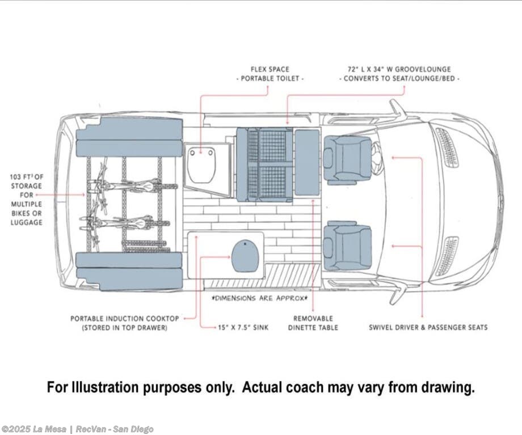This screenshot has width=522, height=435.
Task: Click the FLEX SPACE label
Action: pyautogui.click(x=270, y=69)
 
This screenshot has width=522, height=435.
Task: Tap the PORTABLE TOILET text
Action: pyautogui.click(x=270, y=79)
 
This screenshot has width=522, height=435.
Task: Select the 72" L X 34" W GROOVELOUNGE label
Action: pyautogui.click(x=401, y=69)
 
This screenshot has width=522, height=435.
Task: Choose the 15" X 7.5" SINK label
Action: pyautogui.click(x=244, y=327)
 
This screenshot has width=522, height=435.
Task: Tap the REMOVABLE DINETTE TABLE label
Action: pyautogui.click(x=313, y=323)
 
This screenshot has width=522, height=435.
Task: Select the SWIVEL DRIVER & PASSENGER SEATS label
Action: pyautogui.click(x=428, y=327)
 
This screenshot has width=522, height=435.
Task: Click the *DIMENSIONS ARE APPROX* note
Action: pyautogui.click(x=259, y=298)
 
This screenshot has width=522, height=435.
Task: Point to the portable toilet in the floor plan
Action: pyautogui.click(x=201, y=165)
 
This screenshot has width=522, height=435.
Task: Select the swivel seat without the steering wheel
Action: pyautogui.click(x=347, y=246)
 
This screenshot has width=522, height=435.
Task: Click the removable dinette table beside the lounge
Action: pyautogui.click(x=307, y=162)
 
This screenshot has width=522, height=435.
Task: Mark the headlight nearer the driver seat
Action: pyautogui.click(x=447, y=148)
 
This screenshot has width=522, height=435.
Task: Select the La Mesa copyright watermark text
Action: pyautogui.click(x=77, y=429)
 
